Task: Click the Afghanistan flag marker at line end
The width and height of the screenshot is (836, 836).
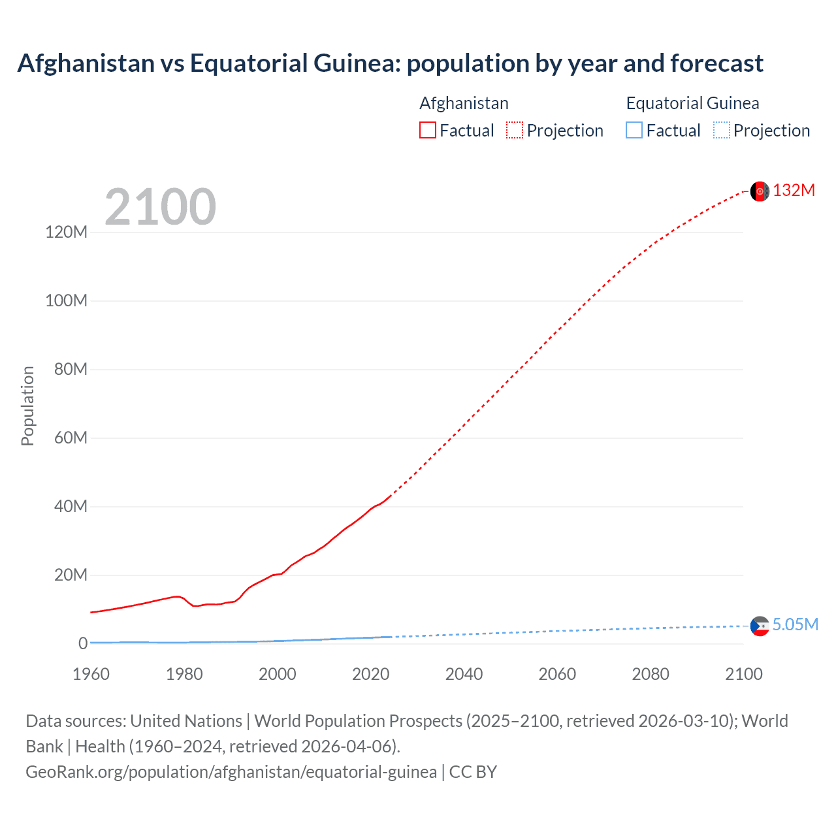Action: coord(760,191)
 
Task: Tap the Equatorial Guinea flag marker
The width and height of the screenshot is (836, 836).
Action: coord(760,626)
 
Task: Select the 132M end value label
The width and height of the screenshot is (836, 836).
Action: coord(794,191)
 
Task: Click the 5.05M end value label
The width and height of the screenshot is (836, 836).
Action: coord(795,625)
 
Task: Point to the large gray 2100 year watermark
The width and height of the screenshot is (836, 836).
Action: coord(160,207)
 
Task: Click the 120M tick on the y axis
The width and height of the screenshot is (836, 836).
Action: coord(66,233)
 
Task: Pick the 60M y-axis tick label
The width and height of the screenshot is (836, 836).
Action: coord(71,438)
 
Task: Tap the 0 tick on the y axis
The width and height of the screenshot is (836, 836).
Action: coord(83,644)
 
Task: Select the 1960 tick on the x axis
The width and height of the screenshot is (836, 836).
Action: coord(91,674)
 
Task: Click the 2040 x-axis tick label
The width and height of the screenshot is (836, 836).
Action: coord(464,674)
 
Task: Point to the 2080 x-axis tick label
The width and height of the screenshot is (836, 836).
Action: coord(651,674)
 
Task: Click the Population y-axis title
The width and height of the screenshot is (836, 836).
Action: coord(27,406)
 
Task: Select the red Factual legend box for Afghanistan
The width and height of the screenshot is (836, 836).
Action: coord(428,131)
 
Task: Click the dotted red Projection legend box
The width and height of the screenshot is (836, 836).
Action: coord(515,131)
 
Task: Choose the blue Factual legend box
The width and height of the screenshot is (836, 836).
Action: coord(634,131)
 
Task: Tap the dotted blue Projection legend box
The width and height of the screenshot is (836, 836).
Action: coord(722,131)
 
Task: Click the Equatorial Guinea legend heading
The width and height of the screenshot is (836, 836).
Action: coord(692,103)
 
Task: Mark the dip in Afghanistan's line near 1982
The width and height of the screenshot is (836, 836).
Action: coord(195,606)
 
